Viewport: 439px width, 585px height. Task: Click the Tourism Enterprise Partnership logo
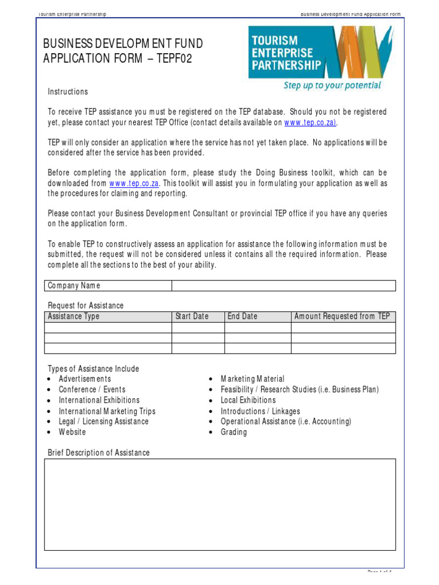tap(320, 52)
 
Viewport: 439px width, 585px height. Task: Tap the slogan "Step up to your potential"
tap(332, 86)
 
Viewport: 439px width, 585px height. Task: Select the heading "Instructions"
tap(67, 92)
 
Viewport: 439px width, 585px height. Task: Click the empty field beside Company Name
tap(283, 286)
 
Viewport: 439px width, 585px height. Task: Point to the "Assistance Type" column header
tap(73, 316)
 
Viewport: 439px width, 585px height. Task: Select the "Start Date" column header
tap(191, 316)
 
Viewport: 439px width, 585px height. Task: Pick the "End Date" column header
tap(242, 316)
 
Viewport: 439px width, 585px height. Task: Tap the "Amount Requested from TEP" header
tap(342, 316)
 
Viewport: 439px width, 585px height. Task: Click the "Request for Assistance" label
tap(85, 306)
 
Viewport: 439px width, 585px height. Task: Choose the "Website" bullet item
tap(72, 432)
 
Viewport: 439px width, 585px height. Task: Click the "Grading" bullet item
tap(234, 432)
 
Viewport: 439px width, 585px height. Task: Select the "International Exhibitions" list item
tap(99, 400)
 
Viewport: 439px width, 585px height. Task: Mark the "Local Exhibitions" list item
tap(248, 400)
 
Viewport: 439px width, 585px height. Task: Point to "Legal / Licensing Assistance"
tap(103, 422)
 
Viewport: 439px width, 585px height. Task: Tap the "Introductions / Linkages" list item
tap(260, 411)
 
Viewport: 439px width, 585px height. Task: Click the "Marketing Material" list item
tap(252, 379)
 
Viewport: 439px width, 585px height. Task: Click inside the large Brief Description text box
tap(219, 504)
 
